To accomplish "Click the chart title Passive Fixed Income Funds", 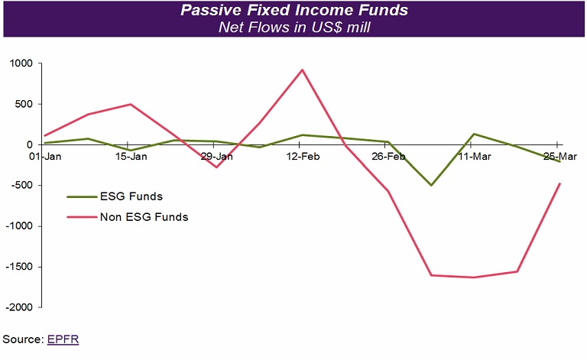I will tap(293, 11).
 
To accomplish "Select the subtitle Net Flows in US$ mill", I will tap(293, 28).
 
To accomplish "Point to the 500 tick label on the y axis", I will tap(25, 104).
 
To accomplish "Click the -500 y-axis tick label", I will tap(23, 186).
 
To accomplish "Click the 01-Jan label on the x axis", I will tap(45, 156).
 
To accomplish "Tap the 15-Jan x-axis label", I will tap(131, 156).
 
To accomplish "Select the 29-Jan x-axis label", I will tap(216, 156).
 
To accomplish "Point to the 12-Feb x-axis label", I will tap(303, 156).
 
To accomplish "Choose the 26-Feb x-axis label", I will tap(388, 156).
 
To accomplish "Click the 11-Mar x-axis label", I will tap(474, 156).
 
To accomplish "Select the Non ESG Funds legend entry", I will tap(144, 217).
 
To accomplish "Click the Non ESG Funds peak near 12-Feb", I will tap(303, 70).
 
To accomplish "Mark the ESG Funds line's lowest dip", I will tap(431, 185).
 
